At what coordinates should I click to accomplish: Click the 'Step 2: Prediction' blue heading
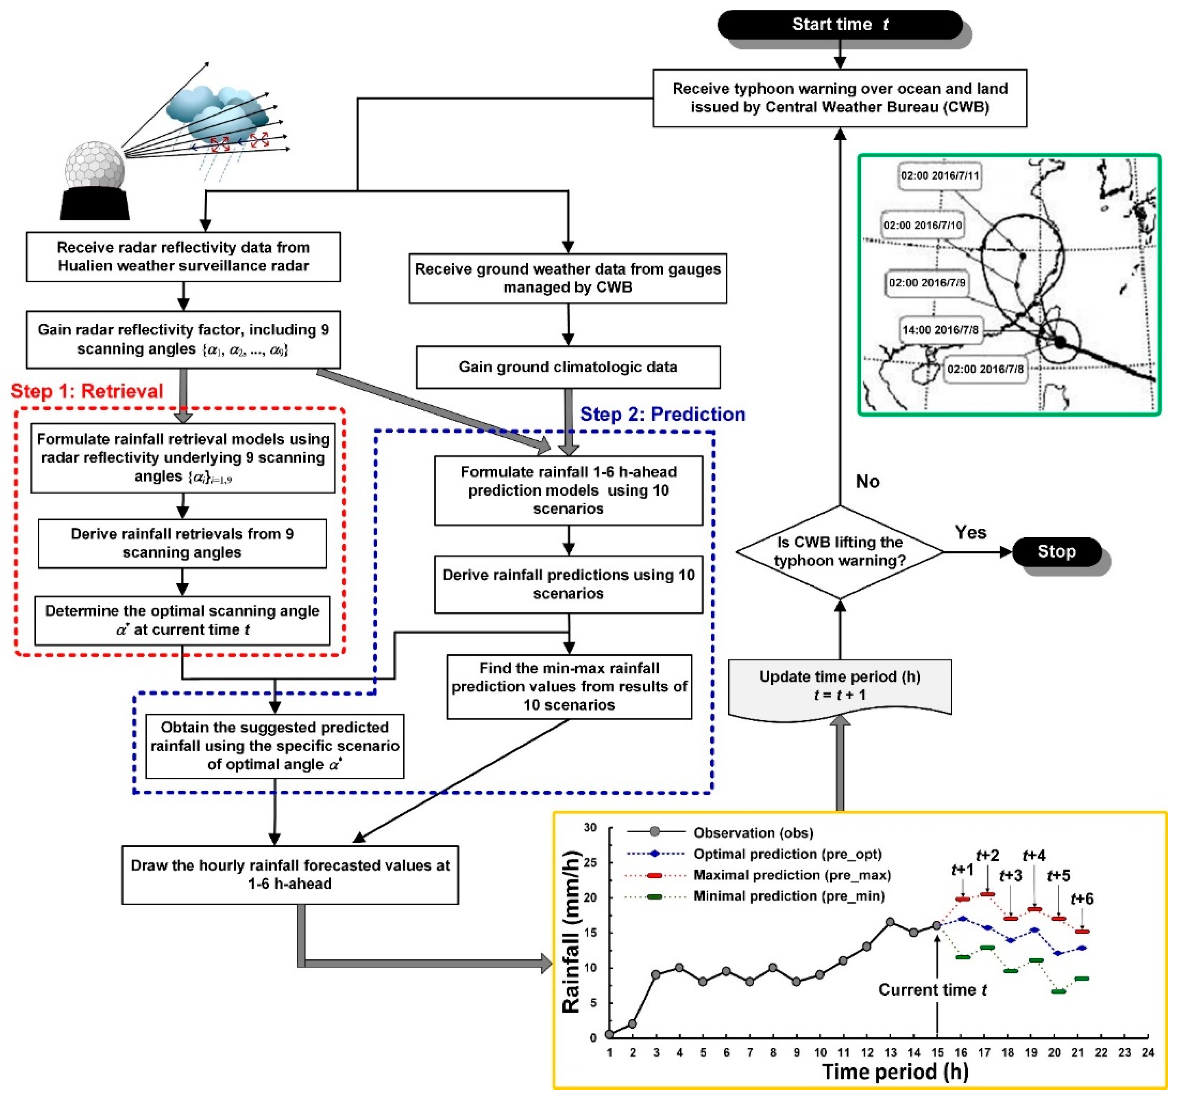tap(662, 414)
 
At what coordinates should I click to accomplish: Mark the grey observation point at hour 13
tap(890, 922)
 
